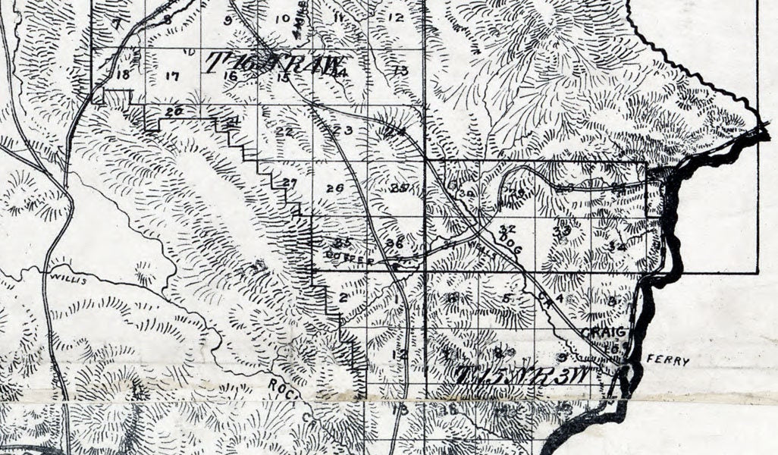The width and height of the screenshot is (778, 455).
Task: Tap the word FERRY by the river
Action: pyautogui.click(x=670, y=362)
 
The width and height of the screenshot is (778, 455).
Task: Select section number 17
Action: pyautogui.click(x=172, y=76)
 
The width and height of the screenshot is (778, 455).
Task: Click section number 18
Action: pyautogui.click(x=123, y=74)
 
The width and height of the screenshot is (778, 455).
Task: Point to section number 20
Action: pyautogui.click(x=174, y=111)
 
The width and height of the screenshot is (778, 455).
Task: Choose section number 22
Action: pyautogui.click(x=284, y=131)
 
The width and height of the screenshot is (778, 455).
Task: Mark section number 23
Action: pyautogui.click(x=343, y=130)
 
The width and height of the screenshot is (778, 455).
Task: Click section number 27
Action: pyautogui.click(x=288, y=183)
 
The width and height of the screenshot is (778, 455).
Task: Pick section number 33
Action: pyautogui.click(x=561, y=231)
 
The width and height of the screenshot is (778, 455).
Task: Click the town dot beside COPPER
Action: pyautogui.click(x=395, y=266)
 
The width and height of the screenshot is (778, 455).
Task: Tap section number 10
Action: pyautogui.click(x=283, y=18)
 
